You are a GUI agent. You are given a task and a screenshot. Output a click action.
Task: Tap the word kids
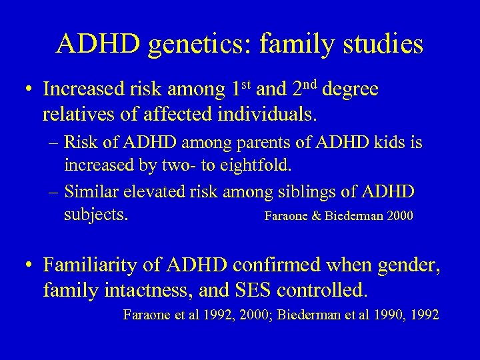coord(373,143)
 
